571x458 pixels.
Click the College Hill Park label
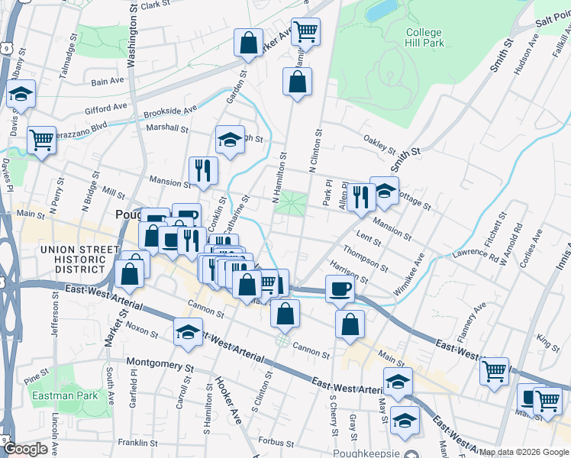[x=424, y=38]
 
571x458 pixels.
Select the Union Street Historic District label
[x=73, y=259]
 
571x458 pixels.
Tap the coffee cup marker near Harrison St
[x=340, y=289]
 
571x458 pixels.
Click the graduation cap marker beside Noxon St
[x=188, y=332]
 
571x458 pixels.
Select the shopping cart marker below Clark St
[x=305, y=31]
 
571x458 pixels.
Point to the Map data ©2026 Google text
[x=524, y=452]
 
